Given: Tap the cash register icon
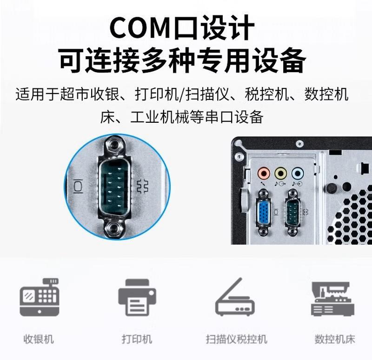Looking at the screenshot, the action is click(x=39, y=297).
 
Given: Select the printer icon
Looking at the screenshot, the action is click(x=137, y=297).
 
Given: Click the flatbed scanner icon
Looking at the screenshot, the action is click(x=235, y=297).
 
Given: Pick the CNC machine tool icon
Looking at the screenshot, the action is click(x=332, y=299).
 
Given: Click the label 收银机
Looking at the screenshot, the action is click(x=39, y=339).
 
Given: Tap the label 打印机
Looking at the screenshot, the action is click(x=137, y=339).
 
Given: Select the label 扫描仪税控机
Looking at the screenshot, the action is click(x=237, y=339).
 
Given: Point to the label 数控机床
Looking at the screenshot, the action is click(x=335, y=339).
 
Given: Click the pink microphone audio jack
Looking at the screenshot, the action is click(x=264, y=173).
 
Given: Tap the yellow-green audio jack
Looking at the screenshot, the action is click(x=281, y=173).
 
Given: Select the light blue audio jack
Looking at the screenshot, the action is click(x=298, y=173).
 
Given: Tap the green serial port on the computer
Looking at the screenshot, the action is click(x=292, y=211).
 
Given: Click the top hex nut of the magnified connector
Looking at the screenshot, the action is click(x=115, y=145).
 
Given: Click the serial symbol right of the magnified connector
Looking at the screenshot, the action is click(x=143, y=187).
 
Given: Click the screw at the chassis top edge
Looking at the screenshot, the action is click(x=299, y=144).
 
